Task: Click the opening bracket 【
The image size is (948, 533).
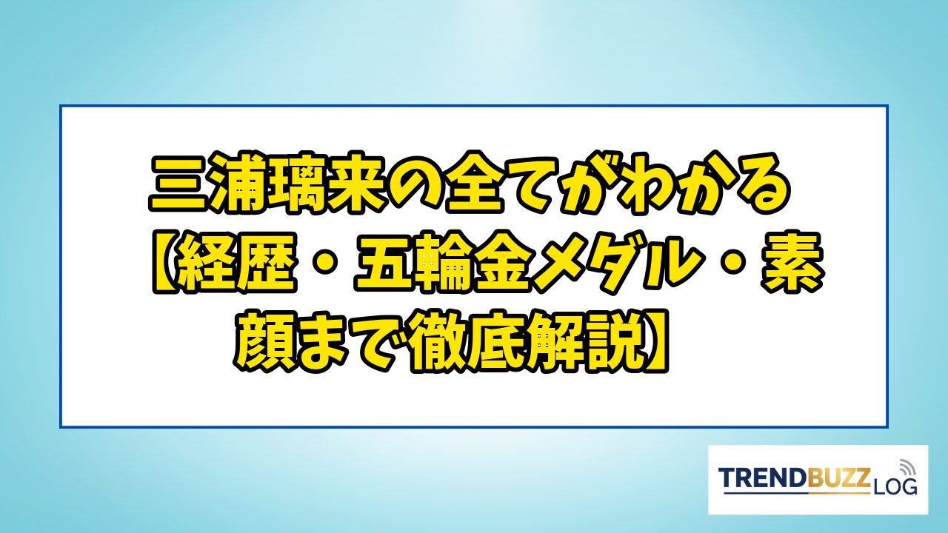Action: [166, 262]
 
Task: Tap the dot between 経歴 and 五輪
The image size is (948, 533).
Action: [324, 263]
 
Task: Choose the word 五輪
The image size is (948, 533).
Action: [413, 262]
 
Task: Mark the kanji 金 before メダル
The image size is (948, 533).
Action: [500, 262]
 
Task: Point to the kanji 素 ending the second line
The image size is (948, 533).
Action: [793, 262]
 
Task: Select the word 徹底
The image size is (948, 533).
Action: [470, 342]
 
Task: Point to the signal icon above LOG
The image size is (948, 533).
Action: [906, 467]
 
